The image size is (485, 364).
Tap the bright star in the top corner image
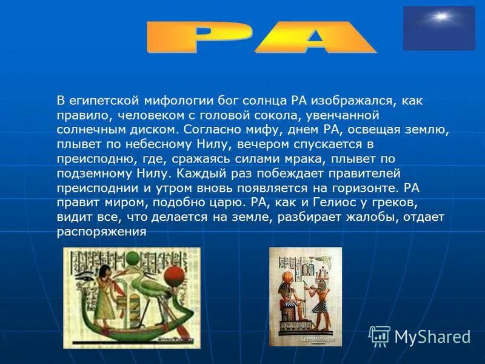coord(440,17)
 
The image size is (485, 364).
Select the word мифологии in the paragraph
coord(173,99)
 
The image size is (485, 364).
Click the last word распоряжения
coord(102,231)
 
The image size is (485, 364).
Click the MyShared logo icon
coord(380,335)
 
